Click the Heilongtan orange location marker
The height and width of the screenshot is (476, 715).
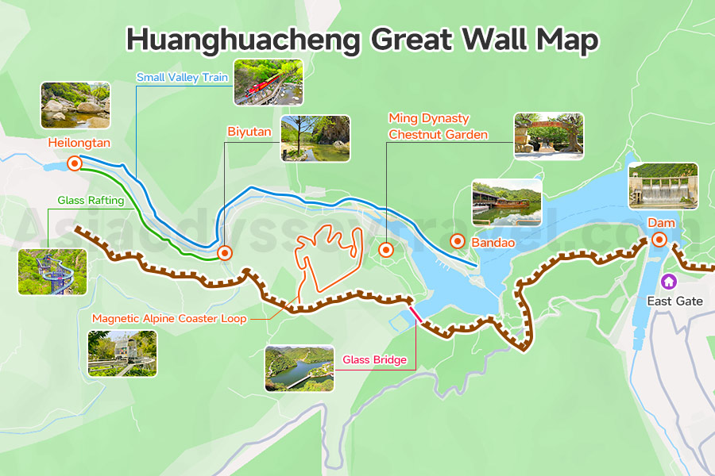pyautogui.click(x=75, y=163)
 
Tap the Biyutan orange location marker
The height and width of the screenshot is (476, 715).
pyautogui.click(x=225, y=253)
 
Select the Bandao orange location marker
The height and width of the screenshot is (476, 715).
pyautogui.click(x=458, y=241)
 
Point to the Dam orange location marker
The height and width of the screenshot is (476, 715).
pyautogui.click(x=659, y=240)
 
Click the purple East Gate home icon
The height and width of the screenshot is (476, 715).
pyautogui.click(x=669, y=281)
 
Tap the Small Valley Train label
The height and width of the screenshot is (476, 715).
pyautogui.click(x=182, y=78)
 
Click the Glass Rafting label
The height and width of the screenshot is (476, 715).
pyautogui.click(x=91, y=201)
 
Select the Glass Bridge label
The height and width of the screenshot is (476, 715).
pyautogui.click(x=374, y=360)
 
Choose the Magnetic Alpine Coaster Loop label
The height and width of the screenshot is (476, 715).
pyautogui.click(x=169, y=318)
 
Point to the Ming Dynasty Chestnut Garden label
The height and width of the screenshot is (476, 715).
pyautogui.click(x=438, y=126)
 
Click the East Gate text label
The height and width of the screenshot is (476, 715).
pyautogui.click(x=674, y=301)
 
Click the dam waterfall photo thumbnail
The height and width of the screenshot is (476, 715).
pyautogui.click(x=663, y=186)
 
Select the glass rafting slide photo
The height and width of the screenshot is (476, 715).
pyautogui.click(x=52, y=271)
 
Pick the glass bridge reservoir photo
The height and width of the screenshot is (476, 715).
pyautogui.click(x=299, y=368)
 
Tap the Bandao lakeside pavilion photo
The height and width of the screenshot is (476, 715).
pyautogui.click(x=507, y=202)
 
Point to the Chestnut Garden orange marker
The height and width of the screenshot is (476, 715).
pyautogui.click(x=386, y=249)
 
